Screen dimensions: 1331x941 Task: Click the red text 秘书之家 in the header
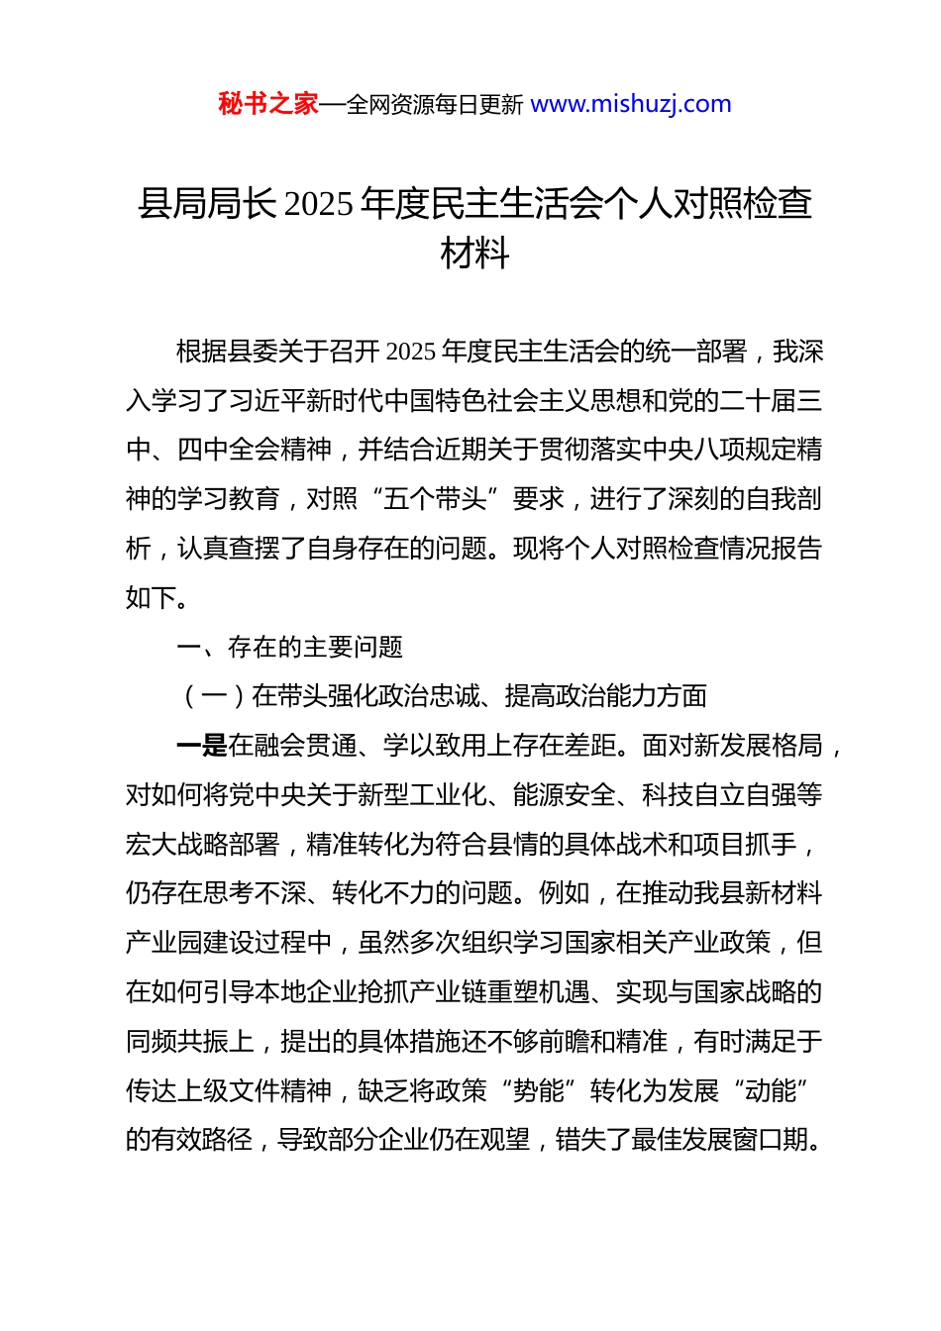268,104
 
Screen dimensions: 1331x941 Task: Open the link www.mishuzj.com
631,104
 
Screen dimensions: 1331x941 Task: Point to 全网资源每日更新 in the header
435,105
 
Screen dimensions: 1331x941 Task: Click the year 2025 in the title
318,204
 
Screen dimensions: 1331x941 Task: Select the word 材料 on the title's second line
474,254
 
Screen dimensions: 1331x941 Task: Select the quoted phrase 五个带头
435,499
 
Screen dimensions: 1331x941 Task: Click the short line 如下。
157,597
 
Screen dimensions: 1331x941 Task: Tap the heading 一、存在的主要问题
289,647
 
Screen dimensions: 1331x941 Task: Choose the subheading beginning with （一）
444,696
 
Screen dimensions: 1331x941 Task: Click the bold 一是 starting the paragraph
201,746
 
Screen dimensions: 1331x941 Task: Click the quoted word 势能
539,1091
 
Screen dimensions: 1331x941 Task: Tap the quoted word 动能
771,1091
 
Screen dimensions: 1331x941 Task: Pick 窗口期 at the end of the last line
784,1141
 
